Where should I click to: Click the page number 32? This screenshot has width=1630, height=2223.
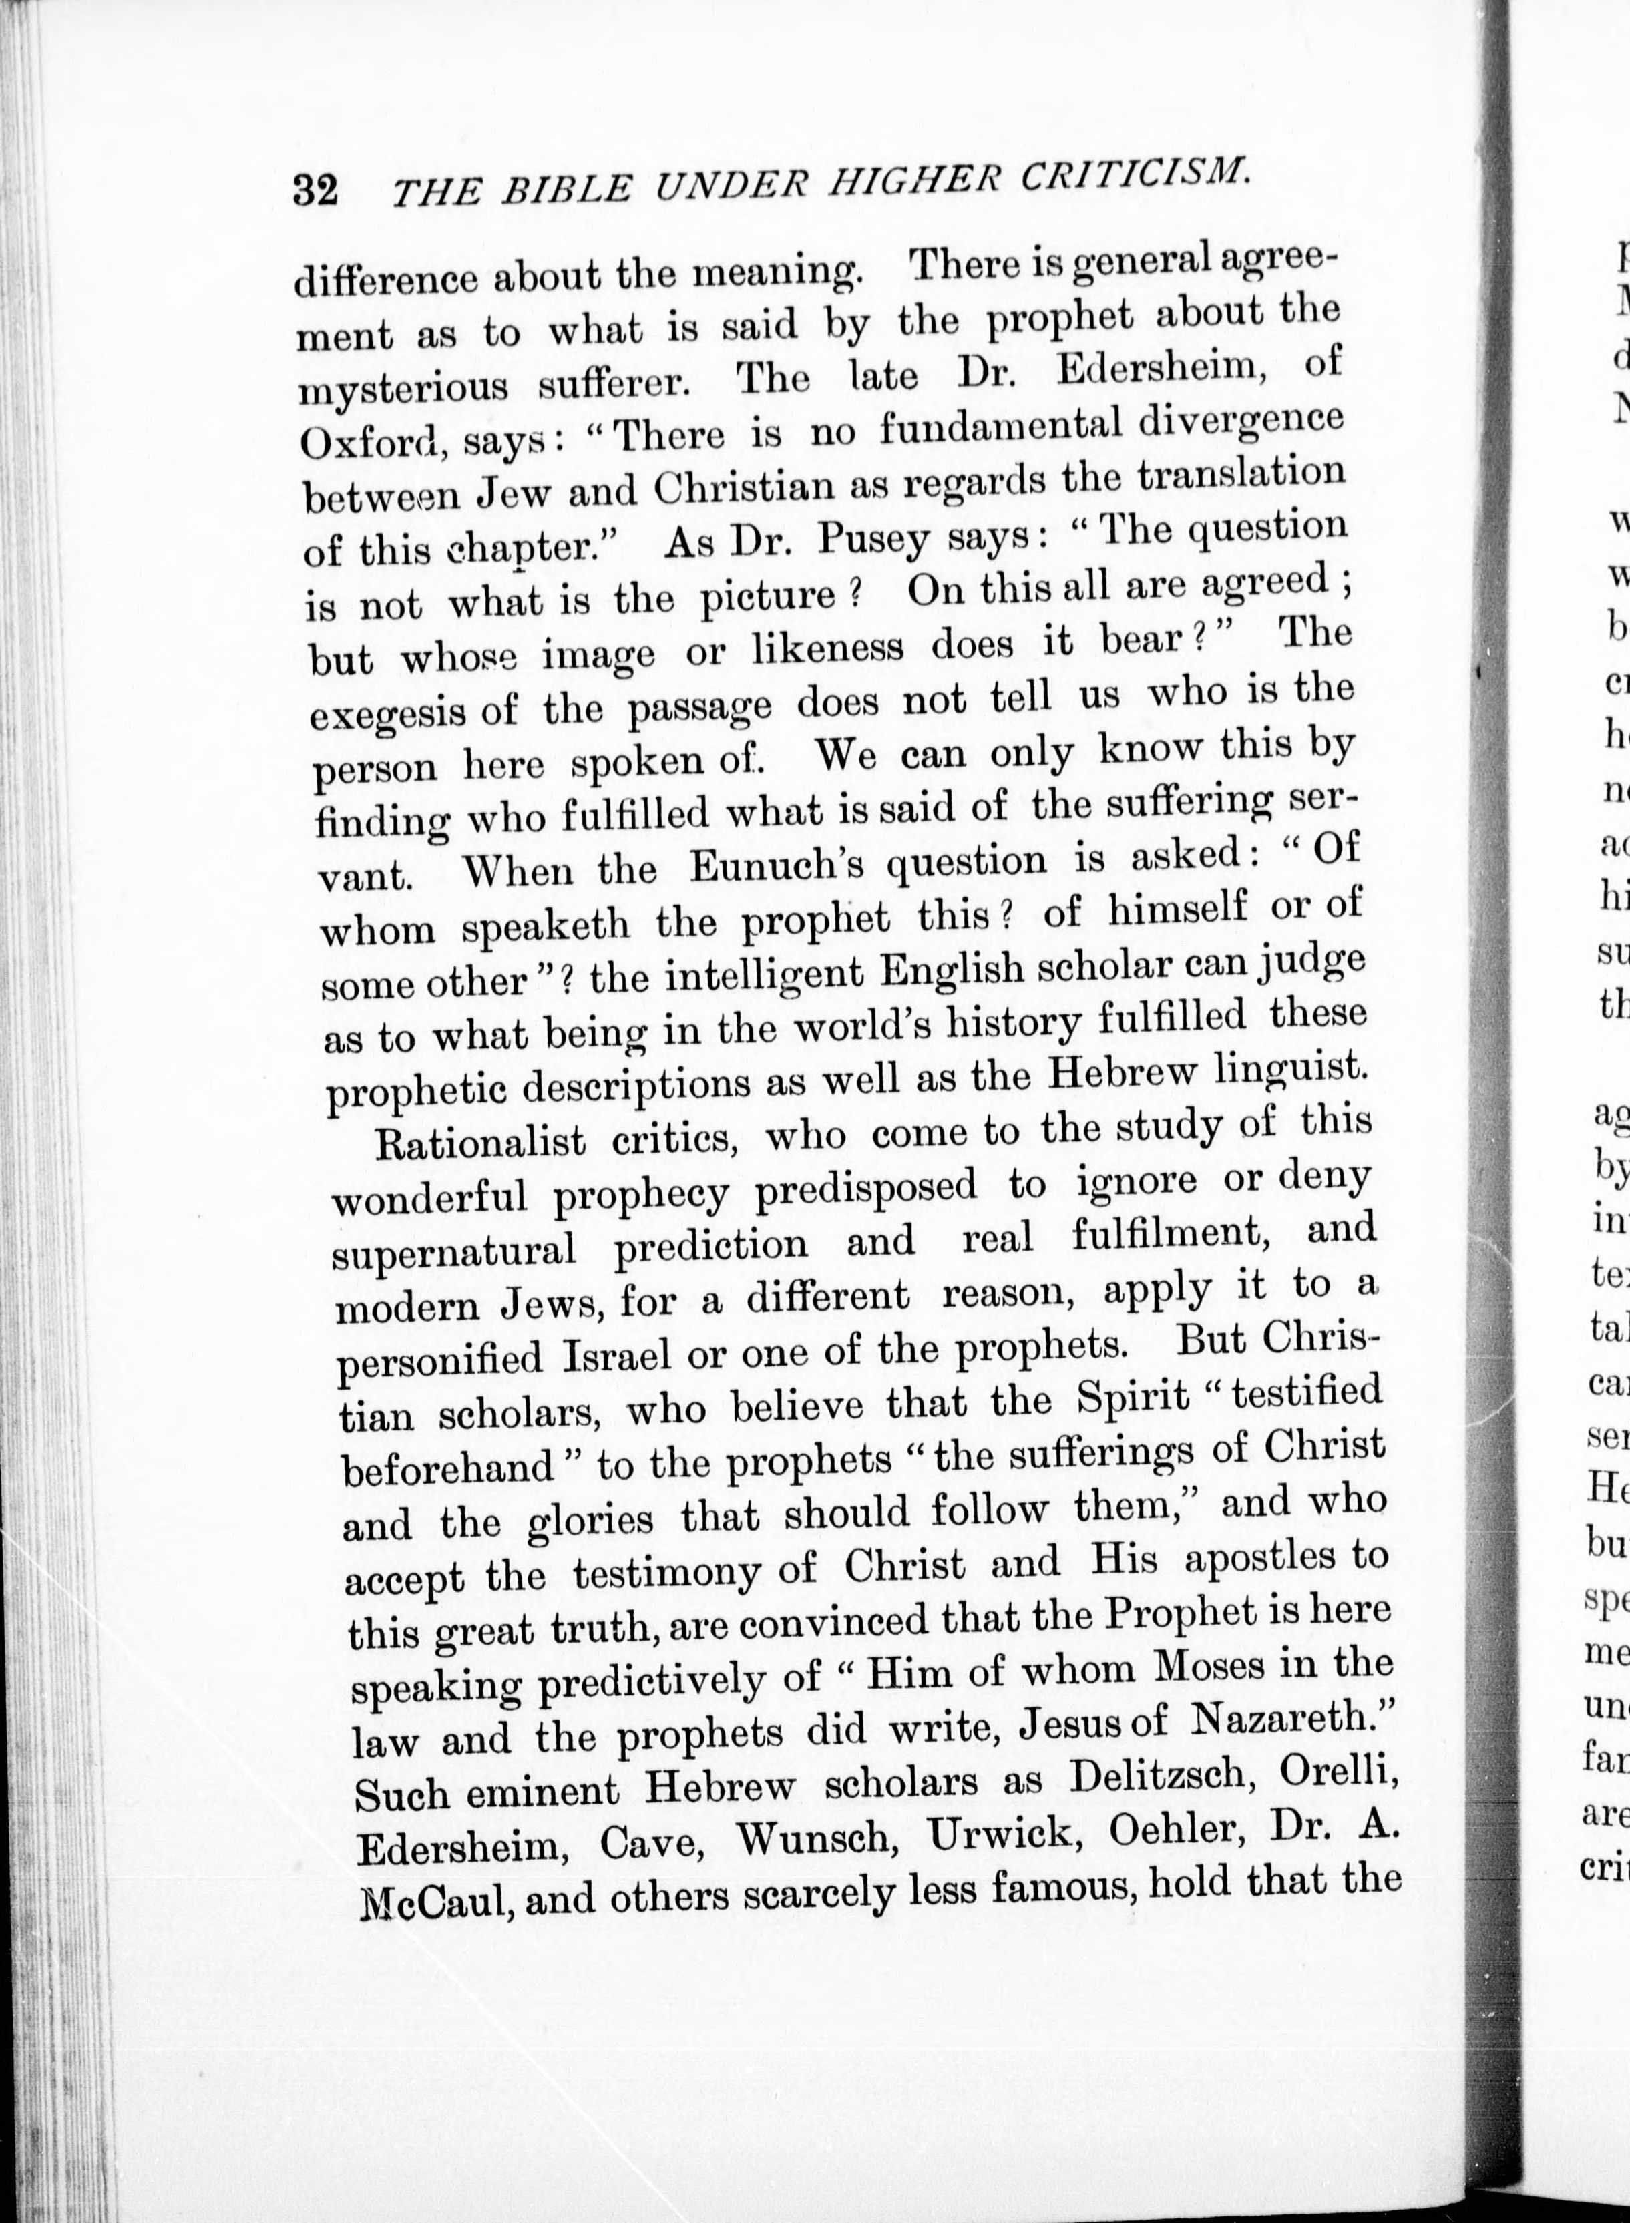tap(316, 190)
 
